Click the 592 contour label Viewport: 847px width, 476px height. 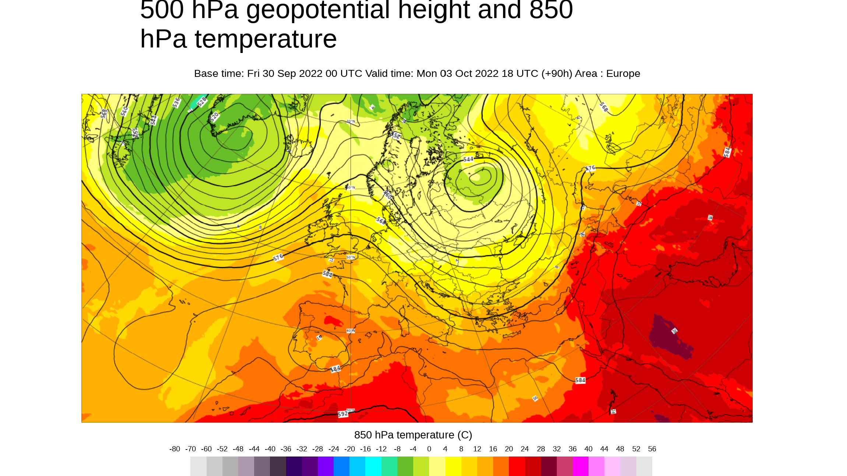click(x=342, y=414)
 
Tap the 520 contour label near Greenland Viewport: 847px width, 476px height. click(x=214, y=117)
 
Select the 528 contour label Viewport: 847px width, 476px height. click(x=202, y=102)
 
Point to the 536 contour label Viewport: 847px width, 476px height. click(x=176, y=102)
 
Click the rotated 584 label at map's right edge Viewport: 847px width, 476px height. click(x=727, y=152)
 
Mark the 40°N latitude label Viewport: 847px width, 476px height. click(x=350, y=331)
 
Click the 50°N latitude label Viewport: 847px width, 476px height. click(x=350, y=257)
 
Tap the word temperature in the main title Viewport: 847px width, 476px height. click(x=266, y=39)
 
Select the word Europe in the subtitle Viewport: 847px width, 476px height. click(x=623, y=74)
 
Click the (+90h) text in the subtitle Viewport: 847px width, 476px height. click(x=556, y=74)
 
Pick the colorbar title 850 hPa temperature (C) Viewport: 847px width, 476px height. click(x=413, y=435)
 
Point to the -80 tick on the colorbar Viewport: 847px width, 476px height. click(x=175, y=449)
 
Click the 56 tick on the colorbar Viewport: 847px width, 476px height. click(x=652, y=449)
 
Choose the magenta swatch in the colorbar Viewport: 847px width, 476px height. click(x=580, y=466)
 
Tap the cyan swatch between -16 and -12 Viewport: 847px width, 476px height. click(x=373, y=466)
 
